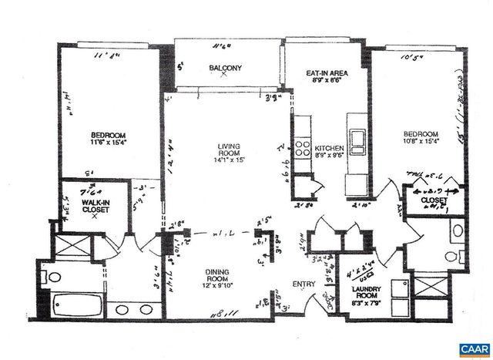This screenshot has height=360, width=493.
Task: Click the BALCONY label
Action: (226, 69)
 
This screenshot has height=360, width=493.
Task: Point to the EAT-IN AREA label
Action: (322, 74)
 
